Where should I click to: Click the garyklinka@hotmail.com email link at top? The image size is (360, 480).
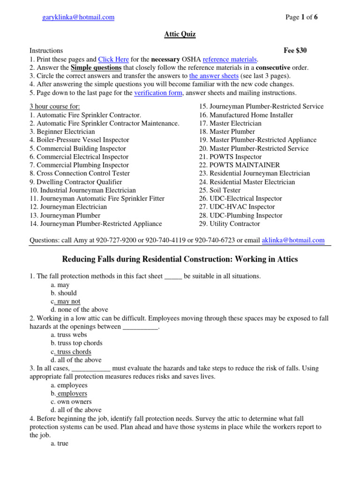[x=78, y=17]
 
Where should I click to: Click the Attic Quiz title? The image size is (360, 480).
[x=180, y=34]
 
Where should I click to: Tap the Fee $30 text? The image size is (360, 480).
[x=295, y=51]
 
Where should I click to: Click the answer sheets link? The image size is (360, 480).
[x=214, y=76]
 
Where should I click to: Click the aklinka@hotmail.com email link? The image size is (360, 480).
[x=293, y=240]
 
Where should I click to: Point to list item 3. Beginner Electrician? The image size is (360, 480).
[x=62, y=132]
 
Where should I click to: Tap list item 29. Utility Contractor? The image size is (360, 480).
[x=229, y=224]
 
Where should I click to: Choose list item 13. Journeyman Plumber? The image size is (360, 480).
[x=65, y=216]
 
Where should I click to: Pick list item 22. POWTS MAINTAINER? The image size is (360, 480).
[x=239, y=165]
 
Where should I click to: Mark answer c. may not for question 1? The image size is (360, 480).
[x=66, y=301]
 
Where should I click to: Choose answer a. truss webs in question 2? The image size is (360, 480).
[x=69, y=335]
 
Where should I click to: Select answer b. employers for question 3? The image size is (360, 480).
[x=69, y=393]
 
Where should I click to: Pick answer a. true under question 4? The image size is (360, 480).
[x=60, y=443]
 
